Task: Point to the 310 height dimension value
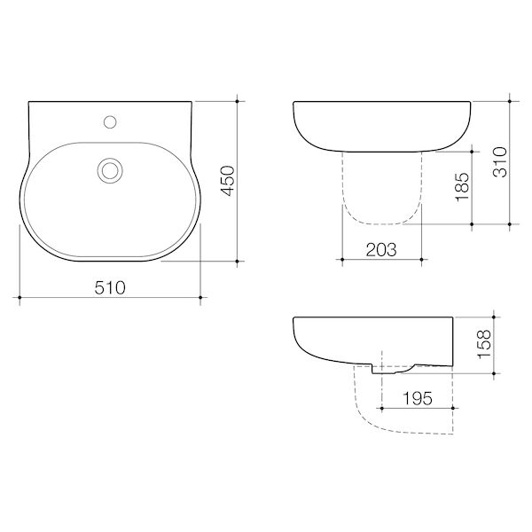tap(501, 162)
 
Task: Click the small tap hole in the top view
tap(112, 119)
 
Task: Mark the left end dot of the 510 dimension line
tap(20, 295)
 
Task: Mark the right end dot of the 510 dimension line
tap(203, 295)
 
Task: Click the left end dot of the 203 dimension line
tap(342, 260)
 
